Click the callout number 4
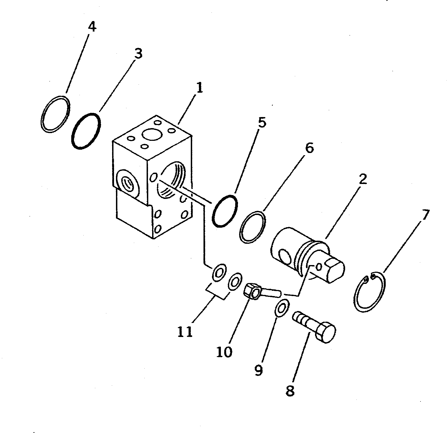(x=92, y=27)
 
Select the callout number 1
(x=199, y=88)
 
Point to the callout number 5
(x=262, y=123)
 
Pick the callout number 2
(x=363, y=179)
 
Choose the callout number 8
(x=290, y=391)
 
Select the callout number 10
(x=224, y=352)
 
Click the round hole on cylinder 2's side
(x=285, y=256)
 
